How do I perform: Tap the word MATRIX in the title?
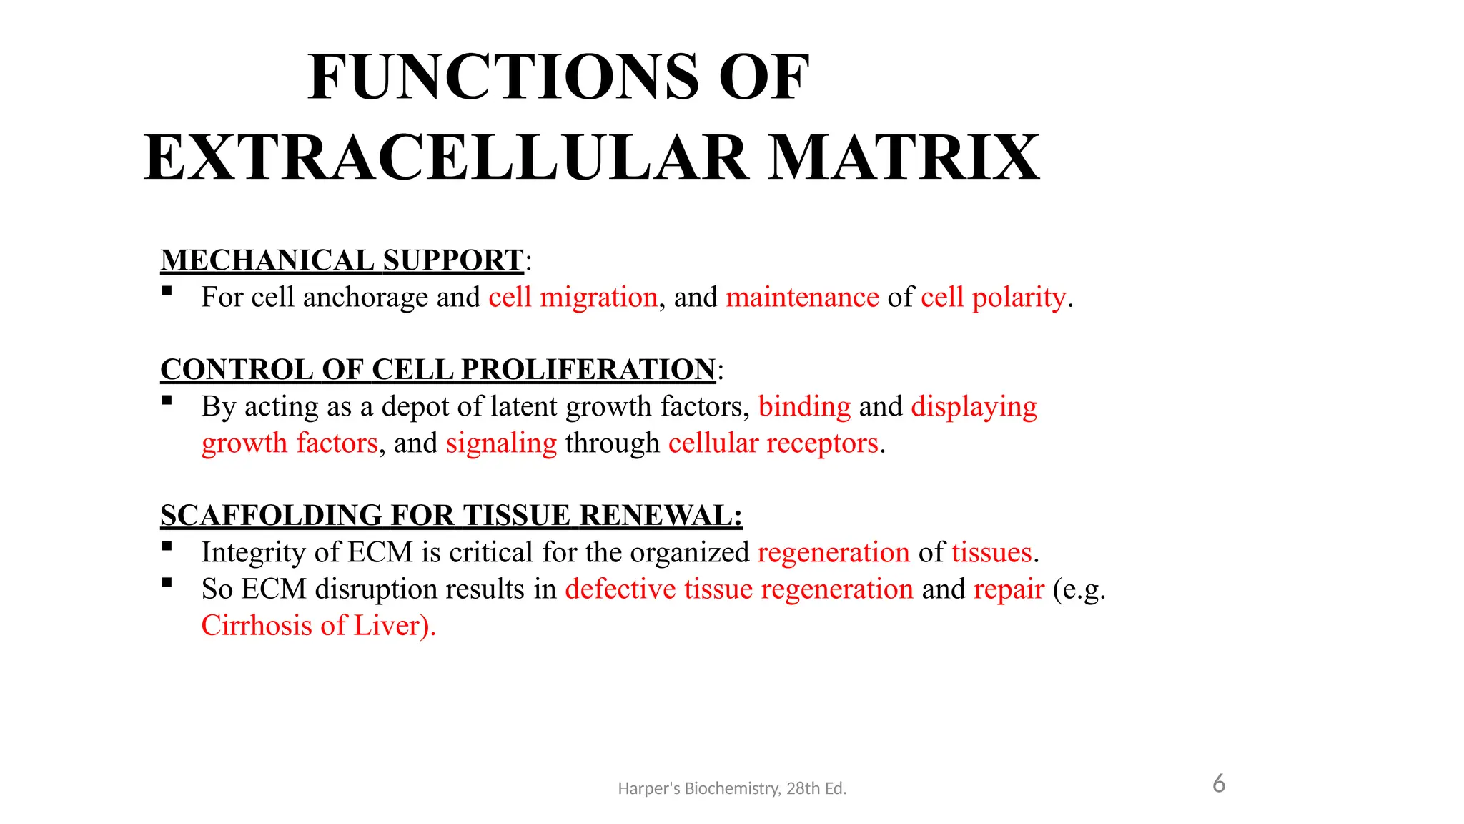(904, 158)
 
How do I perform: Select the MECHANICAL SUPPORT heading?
(342, 260)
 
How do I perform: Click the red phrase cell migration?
(573, 298)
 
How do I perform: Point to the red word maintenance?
(802, 298)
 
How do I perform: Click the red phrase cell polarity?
(993, 298)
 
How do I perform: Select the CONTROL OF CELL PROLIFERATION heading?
(437, 370)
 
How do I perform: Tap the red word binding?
(804, 406)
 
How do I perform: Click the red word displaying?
(974, 406)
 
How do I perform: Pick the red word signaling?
(501, 443)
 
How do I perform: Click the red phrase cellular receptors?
(773, 443)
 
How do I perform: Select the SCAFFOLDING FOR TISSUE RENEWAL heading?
(450, 516)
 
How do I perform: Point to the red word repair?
(1009, 589)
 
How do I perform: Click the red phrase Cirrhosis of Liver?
(317, 626)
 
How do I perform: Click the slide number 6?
(1219, 784)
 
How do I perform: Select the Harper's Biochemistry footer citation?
(731, 788)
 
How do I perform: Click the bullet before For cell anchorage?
(167, 291)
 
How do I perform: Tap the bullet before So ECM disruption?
(167, 583)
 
